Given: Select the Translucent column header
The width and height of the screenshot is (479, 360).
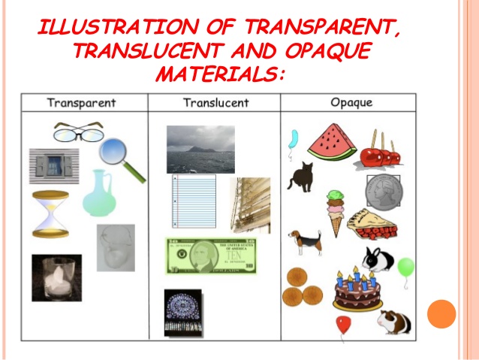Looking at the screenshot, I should point(216,102).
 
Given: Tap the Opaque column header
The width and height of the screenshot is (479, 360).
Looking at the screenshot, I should point(351,102).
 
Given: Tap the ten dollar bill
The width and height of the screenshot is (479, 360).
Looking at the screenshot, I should point(211,256).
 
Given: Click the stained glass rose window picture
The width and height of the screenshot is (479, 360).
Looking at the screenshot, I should point(184,312).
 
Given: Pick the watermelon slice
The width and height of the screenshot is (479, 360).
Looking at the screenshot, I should point(332,143).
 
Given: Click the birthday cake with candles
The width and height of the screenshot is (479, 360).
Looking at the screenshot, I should point(357,290).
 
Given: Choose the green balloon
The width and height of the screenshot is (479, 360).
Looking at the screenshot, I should point(405,266).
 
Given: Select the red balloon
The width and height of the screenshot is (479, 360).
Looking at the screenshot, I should point(342,325).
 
